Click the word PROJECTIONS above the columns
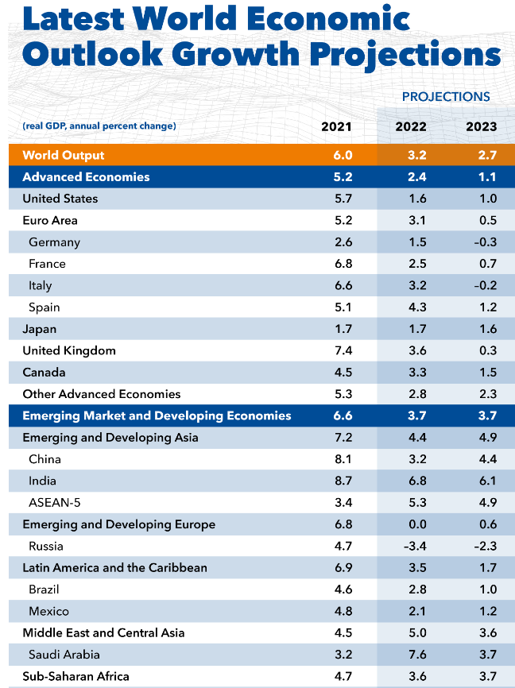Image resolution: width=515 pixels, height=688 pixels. tap(445, 97)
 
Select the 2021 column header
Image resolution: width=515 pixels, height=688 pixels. tap(336, 126)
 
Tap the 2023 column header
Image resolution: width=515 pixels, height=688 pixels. tap(481, 126)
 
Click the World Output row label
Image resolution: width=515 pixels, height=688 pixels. tap(64, 155)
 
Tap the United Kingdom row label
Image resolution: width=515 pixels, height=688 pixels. tap(69, 350)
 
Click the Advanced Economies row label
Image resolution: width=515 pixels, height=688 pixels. tap(86, 177)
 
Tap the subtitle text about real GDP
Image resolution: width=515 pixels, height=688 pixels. tap(99, 126)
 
